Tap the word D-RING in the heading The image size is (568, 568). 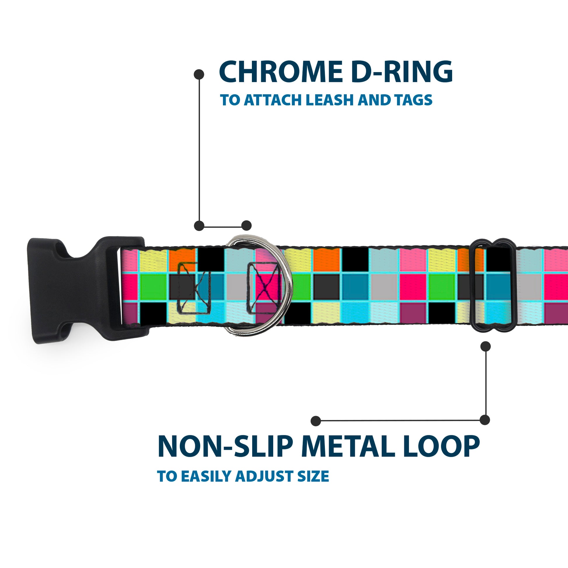[402, 72]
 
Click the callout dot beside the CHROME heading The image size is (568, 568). [199, 74]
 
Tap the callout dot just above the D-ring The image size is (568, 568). [246, 226]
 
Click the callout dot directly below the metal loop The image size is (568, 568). [485, 346]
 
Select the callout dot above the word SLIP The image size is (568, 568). [316, 421]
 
